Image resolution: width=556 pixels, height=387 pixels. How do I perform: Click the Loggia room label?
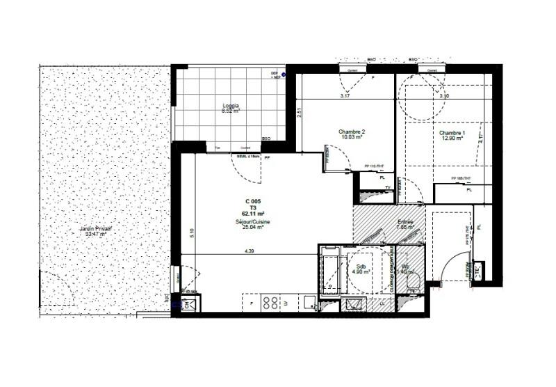click(230, 105)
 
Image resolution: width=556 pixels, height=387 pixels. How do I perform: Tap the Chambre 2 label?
click(352, 132)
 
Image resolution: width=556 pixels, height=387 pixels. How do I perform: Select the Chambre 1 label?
click(452, 132)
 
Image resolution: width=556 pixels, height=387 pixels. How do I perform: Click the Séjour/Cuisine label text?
click(252, 221)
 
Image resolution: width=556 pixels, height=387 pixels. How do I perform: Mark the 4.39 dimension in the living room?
click(247, 251)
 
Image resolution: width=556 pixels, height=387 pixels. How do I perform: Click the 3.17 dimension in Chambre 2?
click(345, 96)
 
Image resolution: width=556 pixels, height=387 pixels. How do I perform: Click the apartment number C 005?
click(252, 202)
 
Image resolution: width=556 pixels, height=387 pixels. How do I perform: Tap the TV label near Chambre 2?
click(386, 188)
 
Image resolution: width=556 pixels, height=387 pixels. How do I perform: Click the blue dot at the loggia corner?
click(284, 72)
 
